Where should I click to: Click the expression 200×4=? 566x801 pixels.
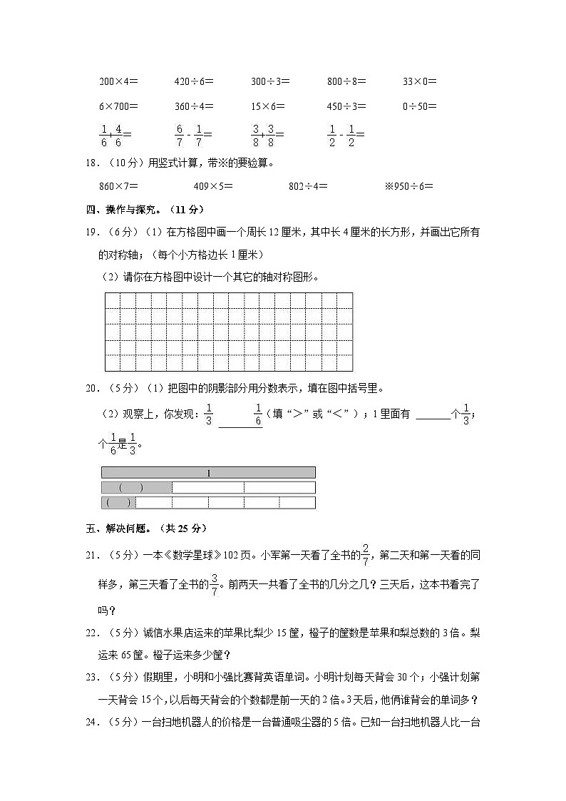coord(118,81)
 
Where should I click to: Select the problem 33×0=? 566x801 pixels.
coord(419,81)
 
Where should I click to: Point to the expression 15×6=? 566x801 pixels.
coord(267,106)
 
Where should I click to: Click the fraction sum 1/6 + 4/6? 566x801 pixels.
coord(115,133)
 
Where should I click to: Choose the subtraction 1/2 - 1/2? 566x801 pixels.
coord(346,133)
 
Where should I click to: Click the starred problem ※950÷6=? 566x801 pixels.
coord(408,186)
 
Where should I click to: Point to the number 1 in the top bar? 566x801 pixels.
coord(208,473)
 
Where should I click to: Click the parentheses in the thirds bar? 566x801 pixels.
coord(131,488)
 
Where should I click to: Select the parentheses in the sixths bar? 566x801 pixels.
coord(118,503)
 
